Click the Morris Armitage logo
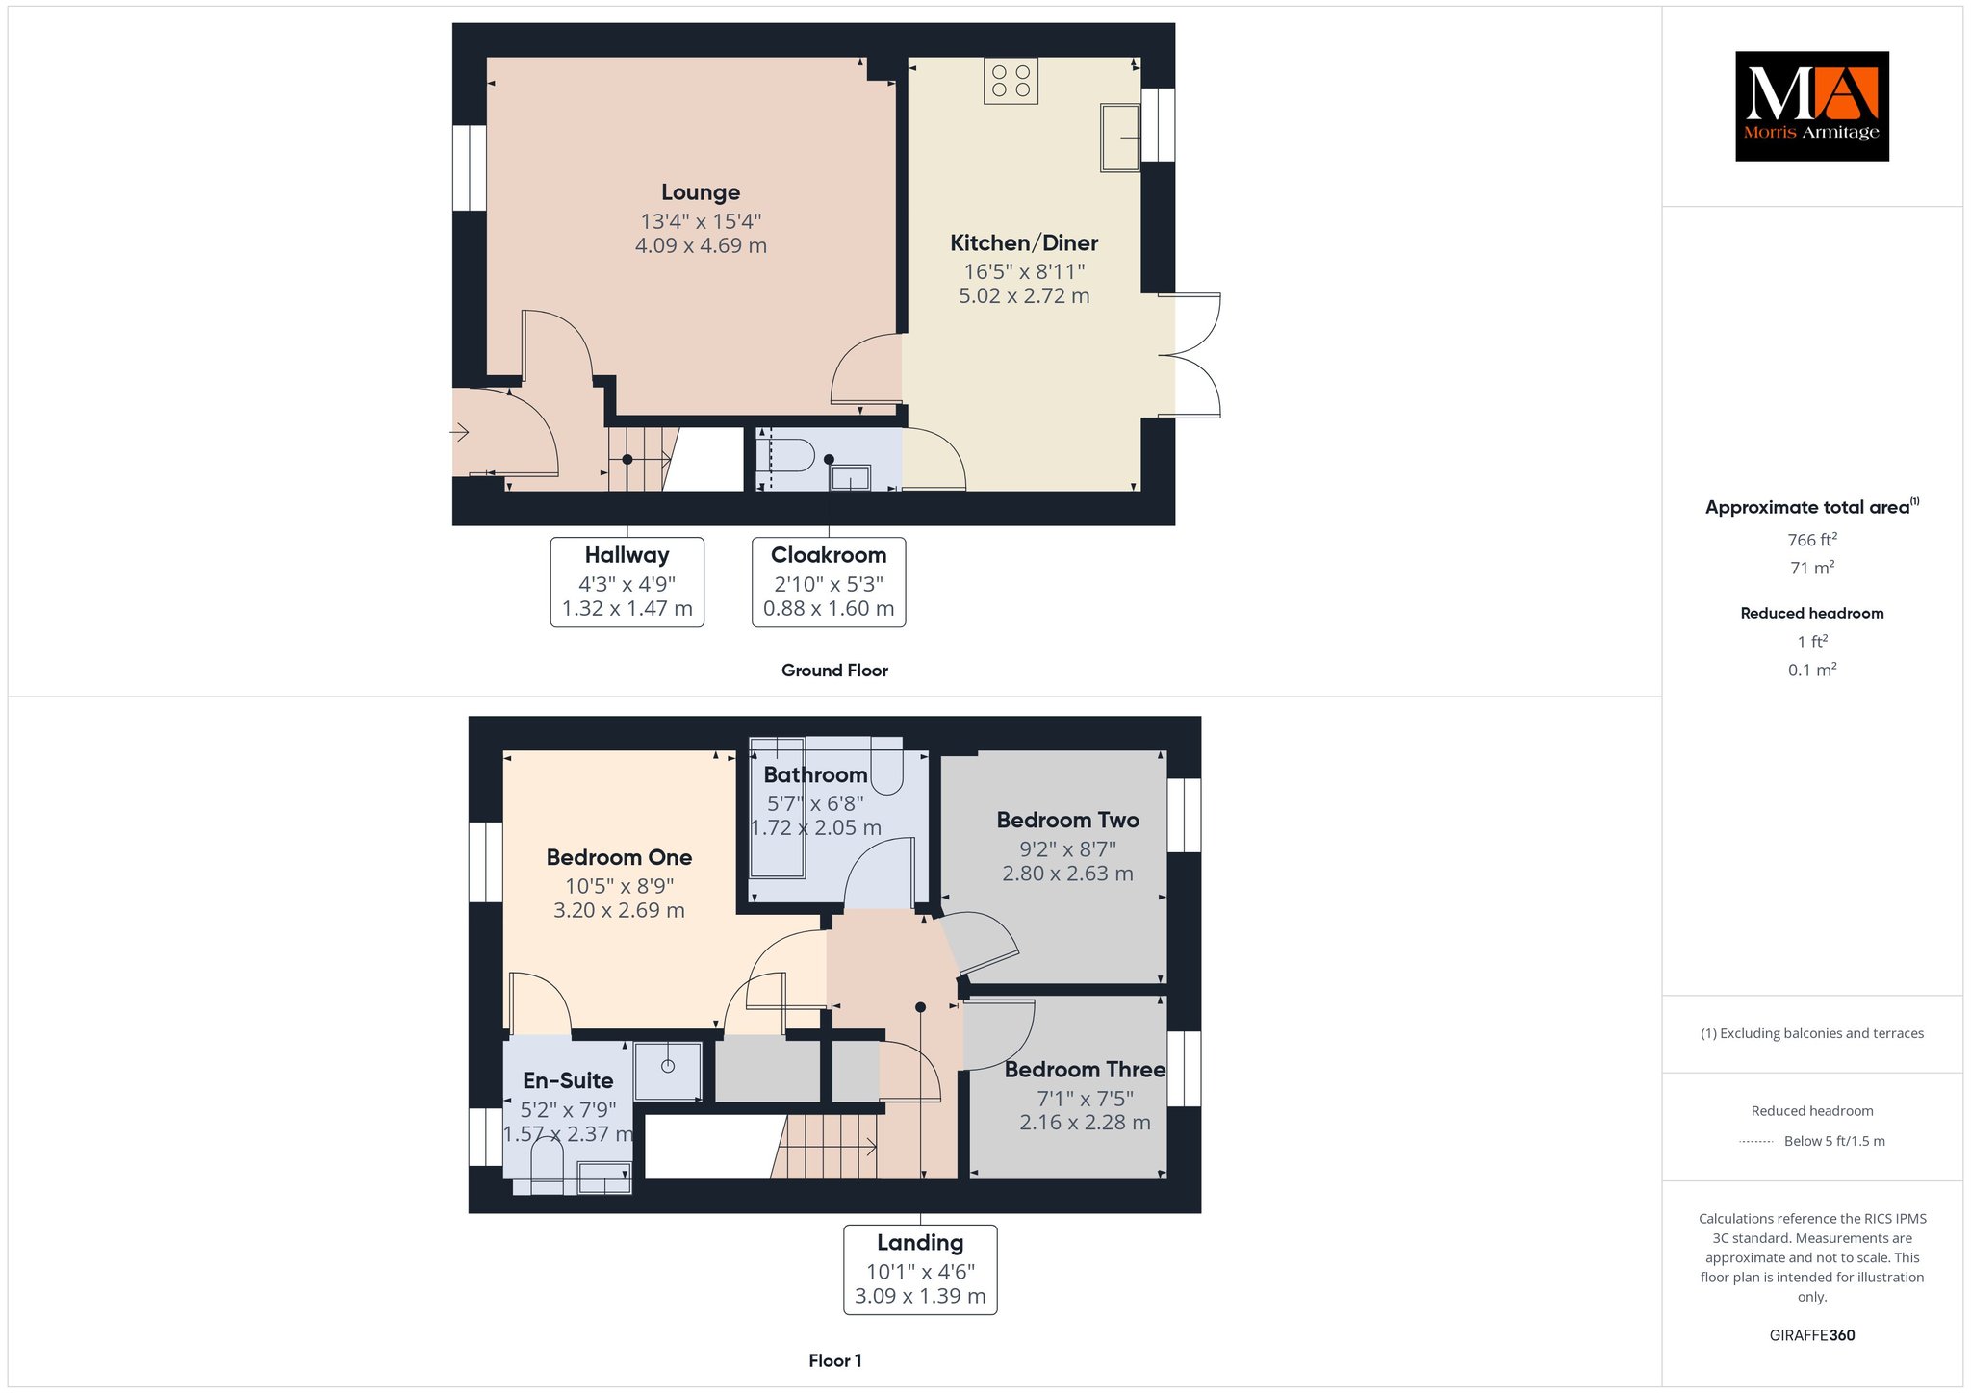tap(1811, 106)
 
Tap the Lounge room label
tap(701, 192)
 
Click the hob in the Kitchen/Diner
tap(1011, 81)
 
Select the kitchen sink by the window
tap(1120, 137)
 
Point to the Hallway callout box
tap(627, 582)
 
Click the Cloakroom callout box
tap(829, 582)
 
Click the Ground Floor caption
tap(834, 671)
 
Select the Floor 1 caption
tap(835, 1360)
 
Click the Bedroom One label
tap(619, 857)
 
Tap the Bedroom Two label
tap(1068, 821)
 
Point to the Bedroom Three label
tap(1086, 1070)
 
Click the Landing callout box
tap(920, 1270)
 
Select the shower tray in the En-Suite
tap(668, 1070)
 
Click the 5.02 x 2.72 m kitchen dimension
tap(1024, 296)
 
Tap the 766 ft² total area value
tap(1812, 540)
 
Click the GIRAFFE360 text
tap(1812, 1335)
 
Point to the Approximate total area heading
tap(1812, 507)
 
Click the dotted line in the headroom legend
tap(1756, 1142)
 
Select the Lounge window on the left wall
tap(470, 167)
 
